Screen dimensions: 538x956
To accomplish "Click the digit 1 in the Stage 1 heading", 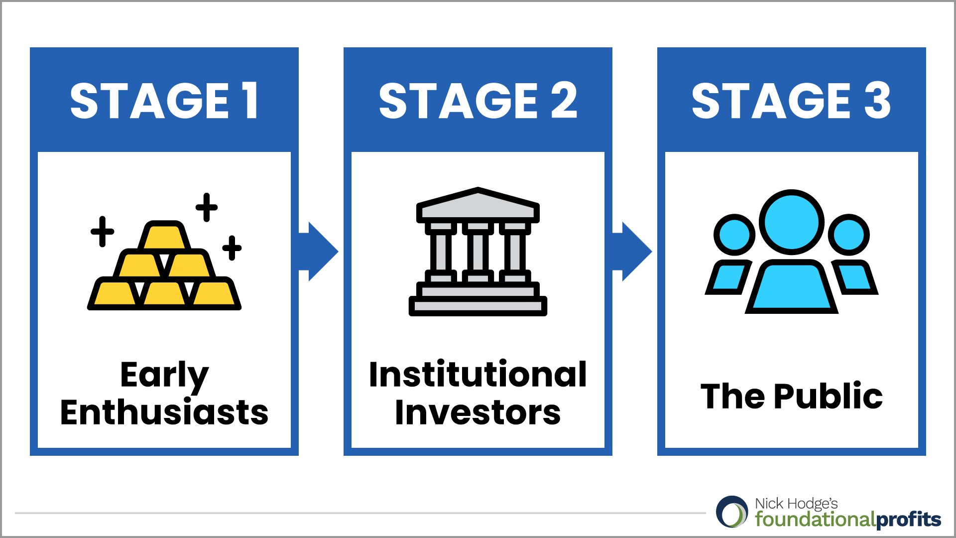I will pos(250,101).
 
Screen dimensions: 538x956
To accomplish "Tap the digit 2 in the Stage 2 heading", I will pos(564,101).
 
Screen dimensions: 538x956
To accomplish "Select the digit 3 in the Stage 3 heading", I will pos(877,101).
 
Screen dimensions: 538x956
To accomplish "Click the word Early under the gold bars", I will pos(164,375).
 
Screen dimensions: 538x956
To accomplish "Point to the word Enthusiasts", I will pos(164,412).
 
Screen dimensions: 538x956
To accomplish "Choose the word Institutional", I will pos(478,375).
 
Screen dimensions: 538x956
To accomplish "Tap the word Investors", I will pos(478,412).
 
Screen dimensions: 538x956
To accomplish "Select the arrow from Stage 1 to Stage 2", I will pos(319,252).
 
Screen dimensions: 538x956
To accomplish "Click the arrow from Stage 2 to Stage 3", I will pos(632,252).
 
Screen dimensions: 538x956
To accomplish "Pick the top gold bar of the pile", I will pos(164,236).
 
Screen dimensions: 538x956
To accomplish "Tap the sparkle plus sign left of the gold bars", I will pos(103,232).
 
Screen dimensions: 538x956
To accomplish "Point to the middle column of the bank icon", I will pos(478,252).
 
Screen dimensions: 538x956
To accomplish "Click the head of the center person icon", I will pos(791,222).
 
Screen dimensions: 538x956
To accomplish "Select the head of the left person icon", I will pos(734,235).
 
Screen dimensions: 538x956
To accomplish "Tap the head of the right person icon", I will pos(848,235).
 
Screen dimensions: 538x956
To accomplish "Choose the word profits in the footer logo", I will pos(908,520).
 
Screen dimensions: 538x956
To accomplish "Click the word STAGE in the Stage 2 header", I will pos(458,101).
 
